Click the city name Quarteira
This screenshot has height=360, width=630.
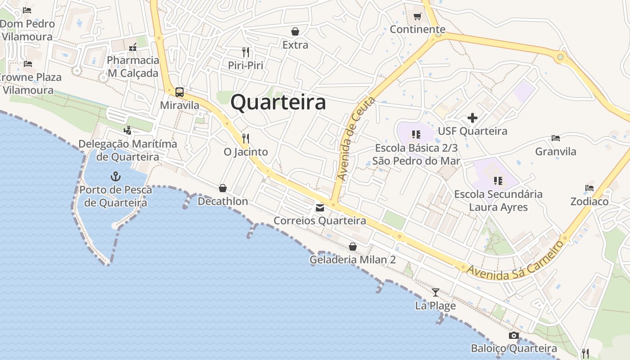click(x=278, y=103)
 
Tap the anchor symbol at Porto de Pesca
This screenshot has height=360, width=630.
click(x=116, y=176)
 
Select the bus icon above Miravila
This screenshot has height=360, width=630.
click(x=180, y=92)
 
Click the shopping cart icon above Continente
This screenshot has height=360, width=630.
click(x=417, y=17)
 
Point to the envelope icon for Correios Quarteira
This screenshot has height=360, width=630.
click(x=320, y=208)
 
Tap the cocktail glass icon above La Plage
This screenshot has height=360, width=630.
click(x=435, y=292)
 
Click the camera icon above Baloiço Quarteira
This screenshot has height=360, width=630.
click(x=513, y=336)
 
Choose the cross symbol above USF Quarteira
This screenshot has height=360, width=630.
click(x=472, y=118)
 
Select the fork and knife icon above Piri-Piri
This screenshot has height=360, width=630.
click(x=245, y=52)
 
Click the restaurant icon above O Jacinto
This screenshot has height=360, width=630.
click(x=245, y=138)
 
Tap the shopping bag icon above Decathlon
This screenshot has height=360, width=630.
click(x=222, y=188)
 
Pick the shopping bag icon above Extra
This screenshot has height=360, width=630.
click(x=295, y=31)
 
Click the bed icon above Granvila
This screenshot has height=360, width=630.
click(x=556, y=138)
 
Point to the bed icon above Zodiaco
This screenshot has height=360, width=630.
click(x=589, y=188)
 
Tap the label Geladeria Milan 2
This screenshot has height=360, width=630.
click(x=353, y=260)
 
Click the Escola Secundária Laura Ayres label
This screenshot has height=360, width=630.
click(x=498, y=201)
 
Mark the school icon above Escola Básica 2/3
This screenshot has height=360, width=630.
click(x=416, y=135)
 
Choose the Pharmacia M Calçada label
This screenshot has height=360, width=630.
click(x=133, y=67)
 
